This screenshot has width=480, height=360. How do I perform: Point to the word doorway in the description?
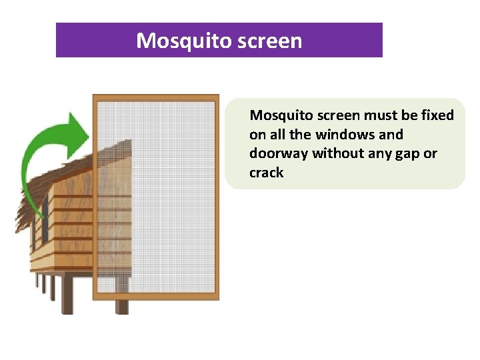point(279,153)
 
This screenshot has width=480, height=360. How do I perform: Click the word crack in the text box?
point(266,173)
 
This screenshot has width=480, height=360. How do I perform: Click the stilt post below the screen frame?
point(122,307)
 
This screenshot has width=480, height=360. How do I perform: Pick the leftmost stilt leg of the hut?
point(37,283)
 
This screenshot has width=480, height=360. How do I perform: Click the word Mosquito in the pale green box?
point(275,115)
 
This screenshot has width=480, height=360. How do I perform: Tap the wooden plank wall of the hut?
point(67,227)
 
